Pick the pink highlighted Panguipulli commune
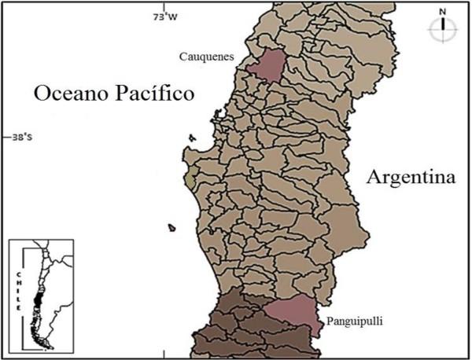[295, 315]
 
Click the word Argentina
[411, 178]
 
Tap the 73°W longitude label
[166, 16]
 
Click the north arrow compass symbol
[443, 28]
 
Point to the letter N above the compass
[443, 11]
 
